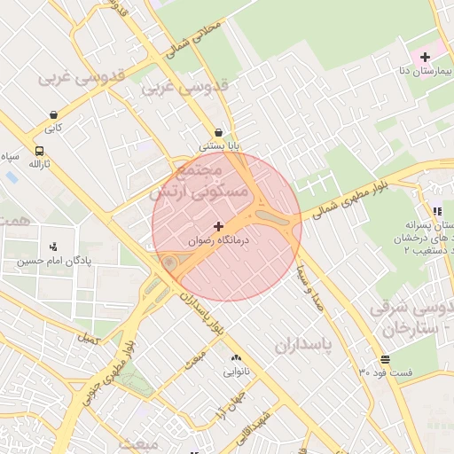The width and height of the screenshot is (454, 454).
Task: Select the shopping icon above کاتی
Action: pos(55,114)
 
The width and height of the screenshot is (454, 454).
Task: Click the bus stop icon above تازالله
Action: pos(39,150)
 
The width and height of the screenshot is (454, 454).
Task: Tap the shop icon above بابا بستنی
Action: pos(218,131)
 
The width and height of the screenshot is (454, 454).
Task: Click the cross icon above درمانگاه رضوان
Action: pos(219,226)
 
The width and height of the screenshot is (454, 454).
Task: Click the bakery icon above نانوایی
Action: pos(236,357)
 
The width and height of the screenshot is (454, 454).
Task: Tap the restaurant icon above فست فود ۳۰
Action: pos(385,359)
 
